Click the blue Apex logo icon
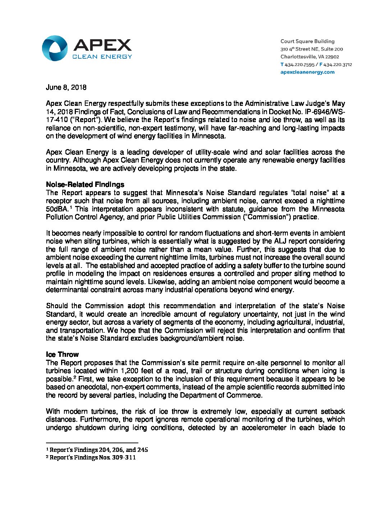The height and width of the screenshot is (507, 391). [x=55, y=48]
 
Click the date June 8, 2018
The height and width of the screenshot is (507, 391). [x=66, y=88]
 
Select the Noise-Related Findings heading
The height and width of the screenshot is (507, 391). [x=85, y=185]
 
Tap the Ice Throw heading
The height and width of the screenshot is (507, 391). [x=62, y=355]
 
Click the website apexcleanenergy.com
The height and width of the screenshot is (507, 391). [x=307, y=72]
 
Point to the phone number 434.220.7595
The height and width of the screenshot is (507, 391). [x=299, y=64]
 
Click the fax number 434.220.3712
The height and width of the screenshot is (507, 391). [x=338, y=64]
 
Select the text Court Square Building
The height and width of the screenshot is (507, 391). [x=307, y=41]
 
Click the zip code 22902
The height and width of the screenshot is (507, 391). [x=332, y=57]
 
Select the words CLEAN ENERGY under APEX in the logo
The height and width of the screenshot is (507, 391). [x=102, y=57]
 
